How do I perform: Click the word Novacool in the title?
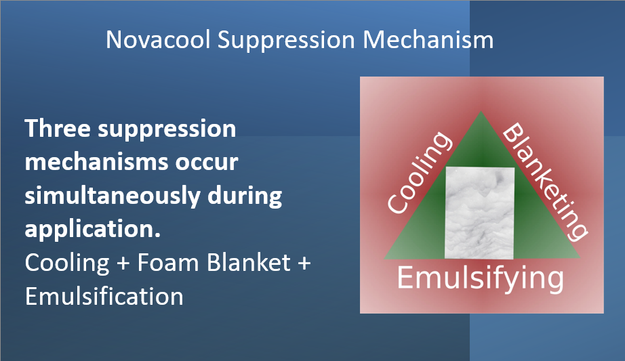click(x=158, y=40)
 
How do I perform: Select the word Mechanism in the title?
click(x=428, y=40)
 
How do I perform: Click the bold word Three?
click(x=58, y=129)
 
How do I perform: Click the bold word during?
click(x=245, y=196)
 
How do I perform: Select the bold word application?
click(x=92, y=230)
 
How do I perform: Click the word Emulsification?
click(x=104, y=297)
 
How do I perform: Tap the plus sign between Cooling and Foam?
click(x=123, y=263)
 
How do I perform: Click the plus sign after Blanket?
click(x=304, y=263)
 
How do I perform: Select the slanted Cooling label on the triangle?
click(x=420, y=172)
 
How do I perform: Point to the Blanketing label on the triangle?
click(x=545, y=182)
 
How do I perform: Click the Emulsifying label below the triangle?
click(x=481, y=279)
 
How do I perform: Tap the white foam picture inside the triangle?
click(x=479, y=213)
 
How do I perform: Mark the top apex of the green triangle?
click(x=481, y=112)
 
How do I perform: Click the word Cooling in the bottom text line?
click(x=67, y=263)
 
